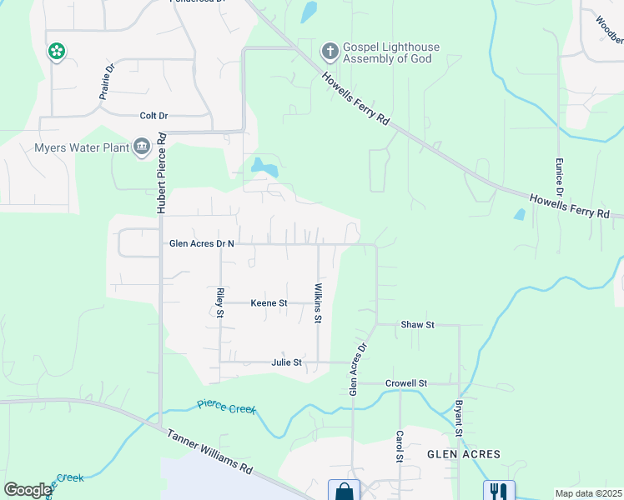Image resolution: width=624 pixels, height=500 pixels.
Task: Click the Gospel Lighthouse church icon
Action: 330,52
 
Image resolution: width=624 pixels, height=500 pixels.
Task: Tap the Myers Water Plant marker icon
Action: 141,148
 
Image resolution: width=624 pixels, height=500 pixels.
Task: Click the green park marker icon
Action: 57,52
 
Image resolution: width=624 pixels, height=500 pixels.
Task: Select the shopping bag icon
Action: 344,491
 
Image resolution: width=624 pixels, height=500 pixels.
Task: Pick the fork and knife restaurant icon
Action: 499,492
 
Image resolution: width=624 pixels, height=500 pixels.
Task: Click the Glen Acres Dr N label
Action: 202,244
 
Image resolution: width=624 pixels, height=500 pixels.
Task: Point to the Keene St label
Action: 269,303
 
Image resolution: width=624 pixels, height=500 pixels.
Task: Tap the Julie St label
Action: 286,362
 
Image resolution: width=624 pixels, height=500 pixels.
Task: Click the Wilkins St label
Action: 318,297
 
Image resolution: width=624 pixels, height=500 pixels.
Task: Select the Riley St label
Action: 220,302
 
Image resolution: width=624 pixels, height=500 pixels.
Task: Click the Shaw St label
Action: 418,324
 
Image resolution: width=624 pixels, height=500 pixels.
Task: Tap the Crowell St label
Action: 406,383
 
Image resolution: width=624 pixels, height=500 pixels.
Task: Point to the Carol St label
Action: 400,447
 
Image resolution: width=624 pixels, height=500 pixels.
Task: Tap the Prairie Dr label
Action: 106,84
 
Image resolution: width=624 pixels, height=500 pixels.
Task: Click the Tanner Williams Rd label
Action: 209,452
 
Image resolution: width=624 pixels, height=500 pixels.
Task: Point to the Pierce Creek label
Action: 227,407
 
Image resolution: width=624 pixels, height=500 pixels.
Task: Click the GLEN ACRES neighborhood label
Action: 464,454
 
